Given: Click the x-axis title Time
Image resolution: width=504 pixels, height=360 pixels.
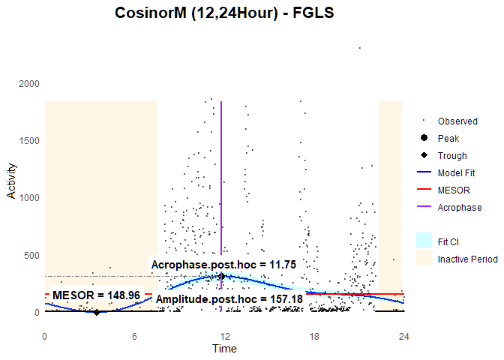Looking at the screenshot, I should pos(224,349).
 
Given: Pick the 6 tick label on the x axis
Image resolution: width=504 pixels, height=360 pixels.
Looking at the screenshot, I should pos(135,336).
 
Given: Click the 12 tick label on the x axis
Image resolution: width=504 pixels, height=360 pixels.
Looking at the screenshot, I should pos(224,336).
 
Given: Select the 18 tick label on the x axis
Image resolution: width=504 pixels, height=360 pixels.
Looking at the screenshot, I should pos(314,336).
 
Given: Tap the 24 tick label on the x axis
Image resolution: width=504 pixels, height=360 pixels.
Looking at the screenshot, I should pos(403,336).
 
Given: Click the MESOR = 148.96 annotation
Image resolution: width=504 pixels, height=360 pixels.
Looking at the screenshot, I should pos(96,295).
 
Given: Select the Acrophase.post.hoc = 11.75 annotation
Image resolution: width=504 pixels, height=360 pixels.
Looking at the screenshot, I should pos(224,265).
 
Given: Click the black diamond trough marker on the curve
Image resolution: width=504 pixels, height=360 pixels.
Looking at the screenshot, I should pos(97,312).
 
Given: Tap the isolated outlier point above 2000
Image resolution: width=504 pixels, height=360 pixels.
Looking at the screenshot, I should pos(360,48).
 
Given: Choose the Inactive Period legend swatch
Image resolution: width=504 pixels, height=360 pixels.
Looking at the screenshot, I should pos(424,259).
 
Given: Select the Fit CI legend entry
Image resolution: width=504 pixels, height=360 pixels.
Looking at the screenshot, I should pos(448,241).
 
